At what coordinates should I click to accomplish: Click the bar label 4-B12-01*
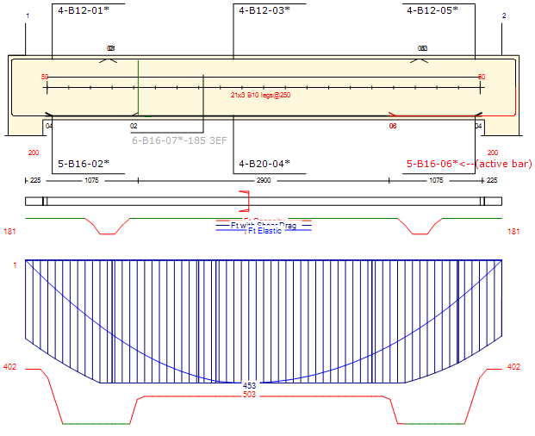[x=83, y=10]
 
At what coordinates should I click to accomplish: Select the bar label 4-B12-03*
[x=264, y=10]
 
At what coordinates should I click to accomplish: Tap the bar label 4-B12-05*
[x=432, y=10]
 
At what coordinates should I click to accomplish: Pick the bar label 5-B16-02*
[x=83, y=163]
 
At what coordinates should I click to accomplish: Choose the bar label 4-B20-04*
[x=264, y=163]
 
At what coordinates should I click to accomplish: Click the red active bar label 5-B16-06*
[x=432, y=163]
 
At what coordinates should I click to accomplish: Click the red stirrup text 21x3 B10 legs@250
[x=260, y=95]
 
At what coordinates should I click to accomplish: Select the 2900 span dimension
[x=264, y=180]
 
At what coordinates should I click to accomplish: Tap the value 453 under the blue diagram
[x=250, y=385]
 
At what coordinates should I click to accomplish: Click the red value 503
[x=250, y=395]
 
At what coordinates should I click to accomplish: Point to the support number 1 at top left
[x=28, y=16]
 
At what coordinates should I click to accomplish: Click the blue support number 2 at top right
[x=504, y=16]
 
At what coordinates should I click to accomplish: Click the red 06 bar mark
[x=393, y=126]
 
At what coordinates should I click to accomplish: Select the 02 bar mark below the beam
[x=134, y=126]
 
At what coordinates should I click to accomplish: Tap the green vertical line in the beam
[x=138, y=87]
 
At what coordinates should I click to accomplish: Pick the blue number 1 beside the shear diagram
[x=15, y=265]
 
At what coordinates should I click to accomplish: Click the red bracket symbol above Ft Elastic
[x=245, y=202]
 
